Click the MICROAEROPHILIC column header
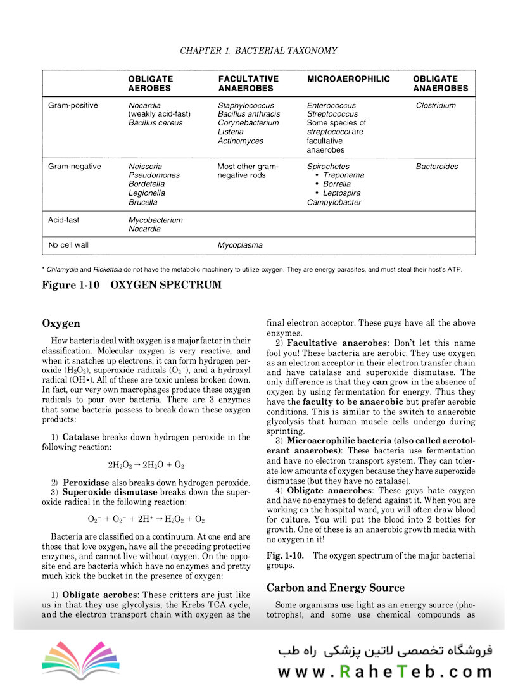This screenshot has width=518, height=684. [x=348, y=79]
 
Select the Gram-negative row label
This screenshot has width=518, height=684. [x=74, y=167]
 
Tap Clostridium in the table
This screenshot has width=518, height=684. [x=436, y=105]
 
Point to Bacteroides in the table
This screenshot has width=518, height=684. [x=437, y=167]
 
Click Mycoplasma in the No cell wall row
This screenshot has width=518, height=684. [x=240, y=245]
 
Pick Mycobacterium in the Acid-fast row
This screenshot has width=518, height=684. [x=155, y=220]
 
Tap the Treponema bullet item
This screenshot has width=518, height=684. [x=343, y=175]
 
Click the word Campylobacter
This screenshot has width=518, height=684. [x=334, y=202]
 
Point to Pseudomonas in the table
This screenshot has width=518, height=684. [x=154, y=175]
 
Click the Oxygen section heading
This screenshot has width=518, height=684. [x=61, y=324]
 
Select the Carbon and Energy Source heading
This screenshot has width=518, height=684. [x=335, y=587]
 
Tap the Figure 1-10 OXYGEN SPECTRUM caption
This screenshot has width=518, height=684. [x=132, y=285]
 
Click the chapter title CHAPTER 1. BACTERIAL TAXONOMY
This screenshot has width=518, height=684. [x=258, y=51]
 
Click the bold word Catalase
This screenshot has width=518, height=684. [x=80, y=437]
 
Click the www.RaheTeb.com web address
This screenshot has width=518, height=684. [x=384, y=671]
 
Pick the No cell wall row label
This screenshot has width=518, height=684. [x=71, y=245]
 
